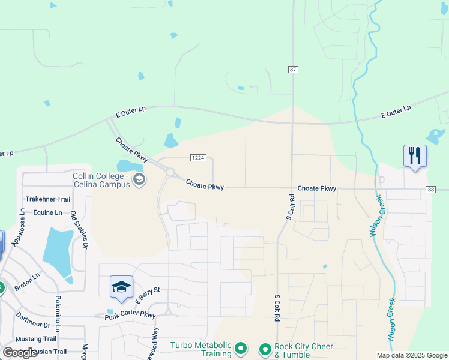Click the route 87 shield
[293, 70]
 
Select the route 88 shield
[431, 190]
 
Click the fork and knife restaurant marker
[415, 156]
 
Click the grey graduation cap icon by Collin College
[139, 179]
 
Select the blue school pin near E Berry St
[121, 287]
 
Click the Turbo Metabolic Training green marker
[241, 348]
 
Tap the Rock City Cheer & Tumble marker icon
[265, 348]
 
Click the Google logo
[20, 353]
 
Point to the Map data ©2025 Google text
[412, 355]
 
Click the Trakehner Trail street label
[48, 199]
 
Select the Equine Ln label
[47, 212]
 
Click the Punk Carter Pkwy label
[130, 315]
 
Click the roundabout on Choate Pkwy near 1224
[170, 173]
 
